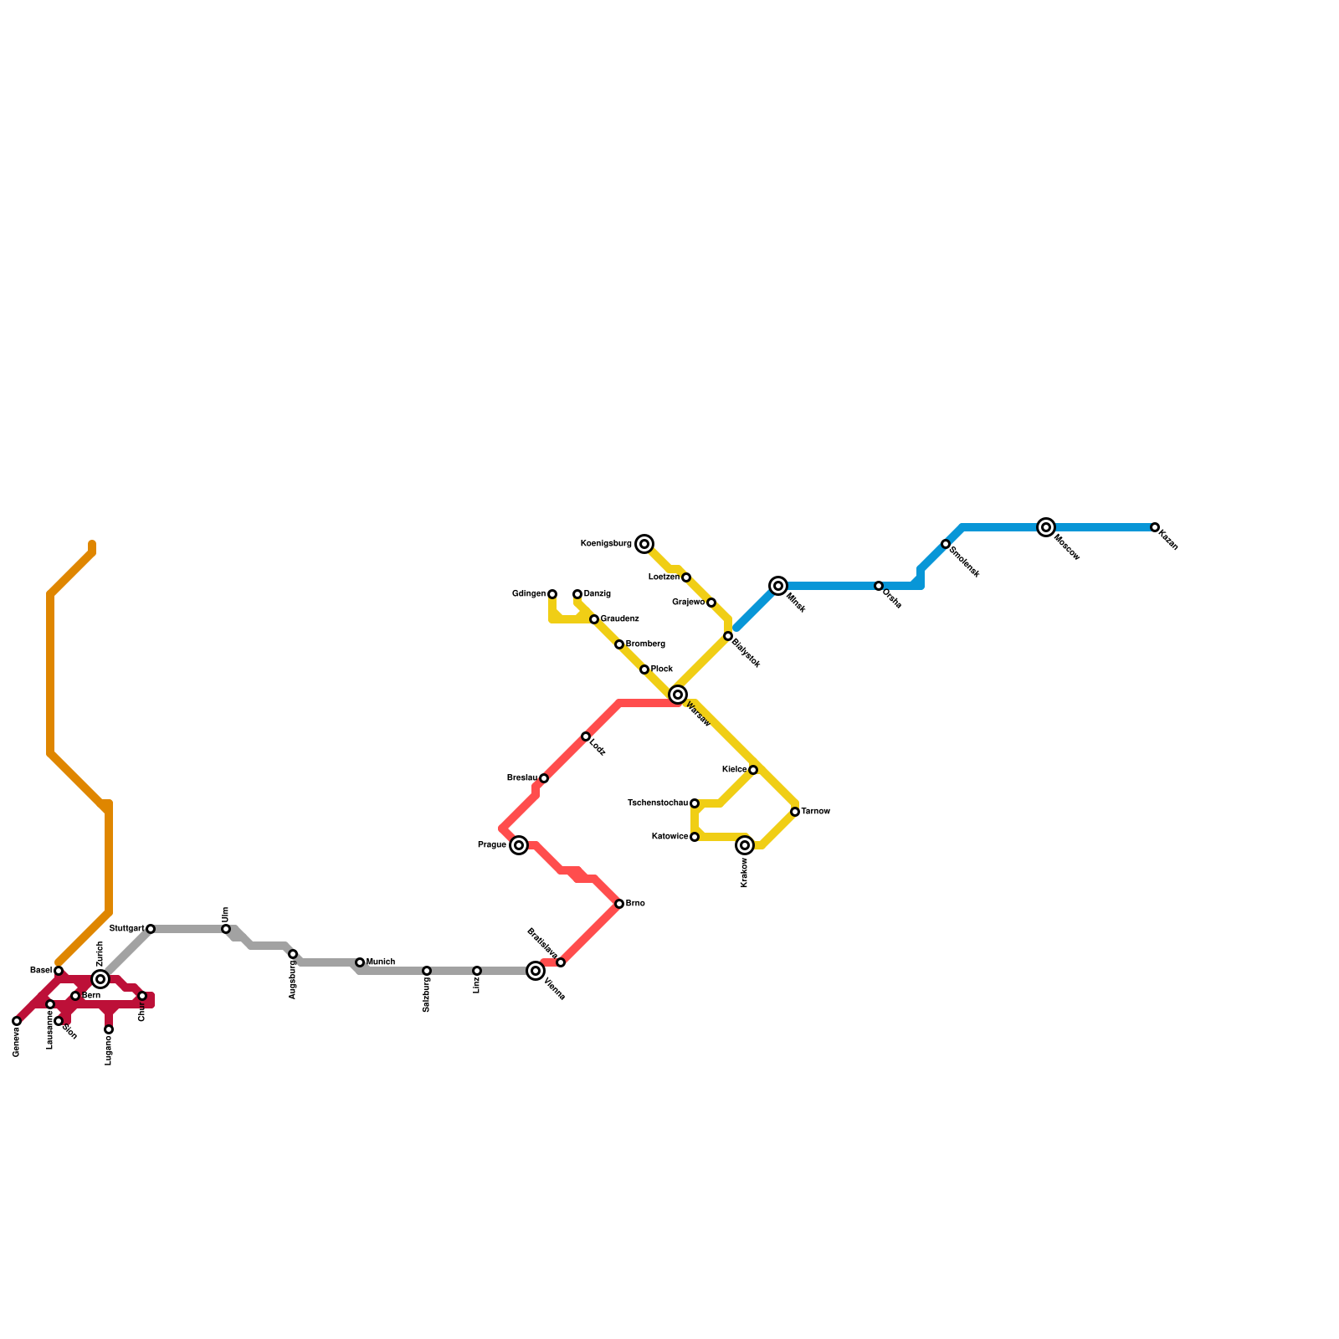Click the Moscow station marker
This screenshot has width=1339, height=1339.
(x=1045, y=527)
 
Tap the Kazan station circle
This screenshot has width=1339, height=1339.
(x=1155, y=527)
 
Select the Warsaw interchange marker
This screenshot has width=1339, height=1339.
(x=678, y=695)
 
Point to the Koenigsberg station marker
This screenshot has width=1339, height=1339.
(x=644, y=544)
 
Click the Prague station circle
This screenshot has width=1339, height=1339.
(x=519, y=845)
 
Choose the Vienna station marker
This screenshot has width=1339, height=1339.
(x=536, y=971)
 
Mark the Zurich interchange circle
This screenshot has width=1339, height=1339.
(x=100, y=979)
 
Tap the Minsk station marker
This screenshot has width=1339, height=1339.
(x=778, y=586)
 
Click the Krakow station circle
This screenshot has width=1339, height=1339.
(x=745, y=845)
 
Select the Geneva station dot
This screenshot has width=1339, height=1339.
(x=17, y=1021)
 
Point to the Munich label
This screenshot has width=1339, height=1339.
(x=381, y=962)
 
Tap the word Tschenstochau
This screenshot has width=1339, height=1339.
(x=658, y=803)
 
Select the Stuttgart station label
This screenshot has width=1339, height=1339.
(x=127, y=929)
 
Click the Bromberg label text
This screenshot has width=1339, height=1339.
(x=645, y=644)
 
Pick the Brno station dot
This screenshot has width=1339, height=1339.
(x=619, y=904)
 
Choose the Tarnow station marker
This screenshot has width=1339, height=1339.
(x=795, y=812)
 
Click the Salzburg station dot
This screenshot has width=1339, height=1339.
(x=427, y=971)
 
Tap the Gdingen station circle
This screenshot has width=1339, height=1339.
(x=552, y=594)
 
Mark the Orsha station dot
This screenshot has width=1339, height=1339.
(x=879, y=586)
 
